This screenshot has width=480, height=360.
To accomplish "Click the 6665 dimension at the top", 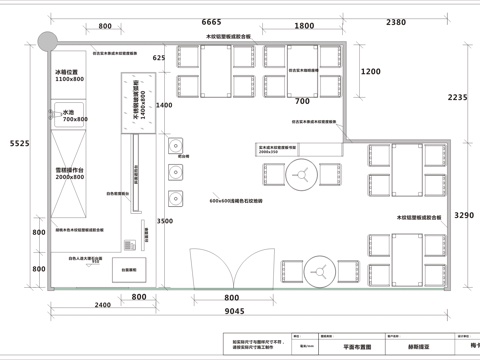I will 211,21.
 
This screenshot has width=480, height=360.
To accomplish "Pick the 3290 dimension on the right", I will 463,215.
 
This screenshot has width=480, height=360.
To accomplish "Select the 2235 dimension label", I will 457,97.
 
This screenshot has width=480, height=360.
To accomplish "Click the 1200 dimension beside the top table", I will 371,72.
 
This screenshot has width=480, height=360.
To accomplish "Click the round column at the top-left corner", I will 44,39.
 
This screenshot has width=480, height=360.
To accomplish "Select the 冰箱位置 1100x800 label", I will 69,75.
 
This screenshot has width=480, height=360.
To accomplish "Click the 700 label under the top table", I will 301,101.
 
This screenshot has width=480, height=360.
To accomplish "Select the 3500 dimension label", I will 165,221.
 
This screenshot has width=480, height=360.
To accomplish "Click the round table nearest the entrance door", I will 321,271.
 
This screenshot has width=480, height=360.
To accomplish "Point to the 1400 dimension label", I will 165,105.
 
